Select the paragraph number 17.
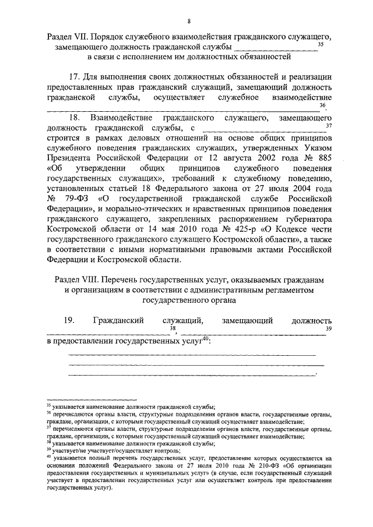click(x=75, y=77)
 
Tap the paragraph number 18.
click(x=75, y=118)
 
